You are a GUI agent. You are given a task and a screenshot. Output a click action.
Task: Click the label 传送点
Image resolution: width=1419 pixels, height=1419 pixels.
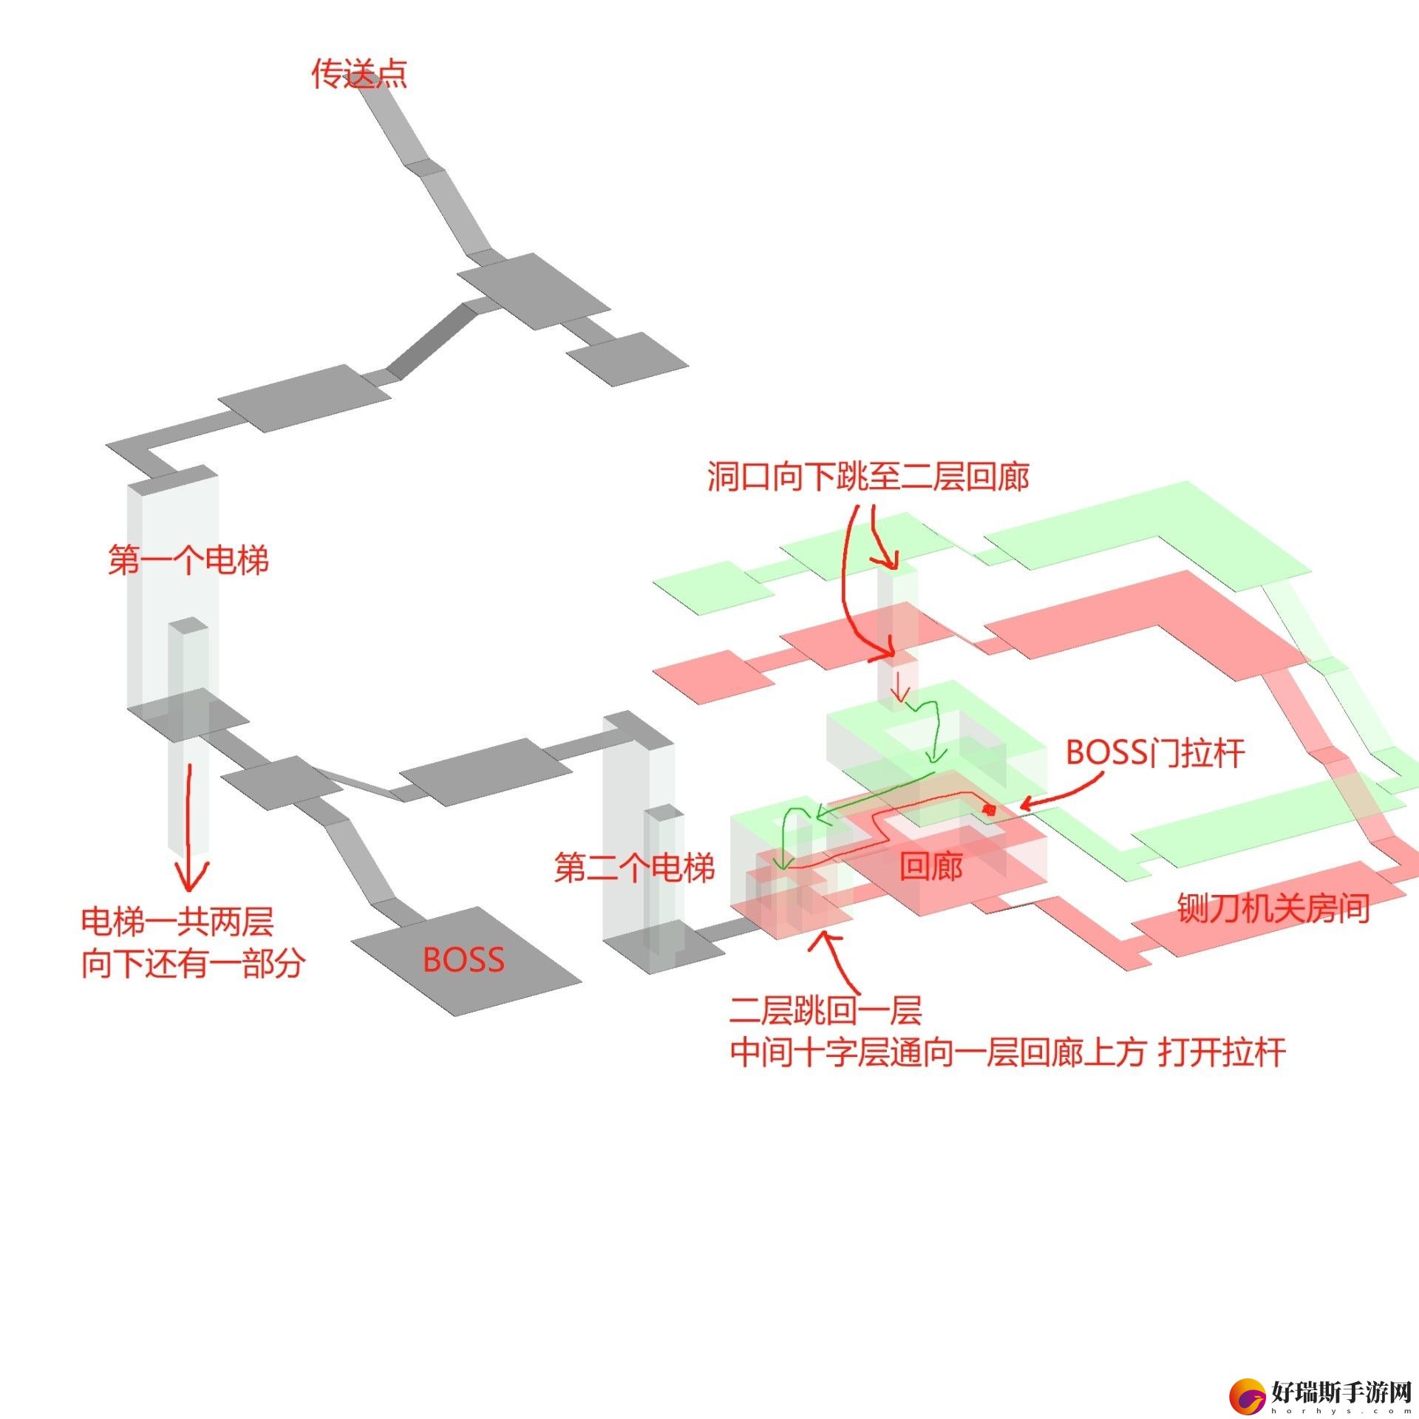tap(359, 75)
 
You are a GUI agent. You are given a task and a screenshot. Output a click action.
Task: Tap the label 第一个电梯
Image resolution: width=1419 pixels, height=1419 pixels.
tap(188, 559)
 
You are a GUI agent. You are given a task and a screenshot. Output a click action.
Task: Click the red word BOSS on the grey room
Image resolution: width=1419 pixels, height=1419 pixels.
tap(463, 960)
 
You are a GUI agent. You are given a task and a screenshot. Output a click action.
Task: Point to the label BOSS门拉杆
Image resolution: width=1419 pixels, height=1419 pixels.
tap(1155, 753)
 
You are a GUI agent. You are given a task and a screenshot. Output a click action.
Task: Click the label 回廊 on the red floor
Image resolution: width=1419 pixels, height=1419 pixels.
tap(931, 866)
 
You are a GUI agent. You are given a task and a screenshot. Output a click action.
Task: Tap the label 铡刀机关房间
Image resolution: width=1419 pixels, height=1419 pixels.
tap(1273, 908)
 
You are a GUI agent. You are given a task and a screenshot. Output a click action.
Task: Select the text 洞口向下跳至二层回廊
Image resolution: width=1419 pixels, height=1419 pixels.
tap(868, 477)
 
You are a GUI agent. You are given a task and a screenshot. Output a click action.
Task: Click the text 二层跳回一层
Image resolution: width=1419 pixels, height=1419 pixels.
tap(826, 1010)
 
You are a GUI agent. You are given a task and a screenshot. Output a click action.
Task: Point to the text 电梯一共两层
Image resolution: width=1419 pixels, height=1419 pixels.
tap(177, 922)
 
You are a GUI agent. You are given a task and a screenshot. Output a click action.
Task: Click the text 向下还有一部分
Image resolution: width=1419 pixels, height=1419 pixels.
tap(193, 964)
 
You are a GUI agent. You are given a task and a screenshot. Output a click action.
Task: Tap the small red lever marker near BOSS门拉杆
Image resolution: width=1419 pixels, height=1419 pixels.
tap(989, 810)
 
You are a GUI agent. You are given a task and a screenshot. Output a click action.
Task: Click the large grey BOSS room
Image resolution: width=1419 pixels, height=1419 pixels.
tap(466, 961)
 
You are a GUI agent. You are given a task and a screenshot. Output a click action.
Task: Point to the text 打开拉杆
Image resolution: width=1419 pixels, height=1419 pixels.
tap(1222, 1052)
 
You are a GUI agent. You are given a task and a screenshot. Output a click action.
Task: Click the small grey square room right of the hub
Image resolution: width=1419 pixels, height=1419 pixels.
tap(627, 358)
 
